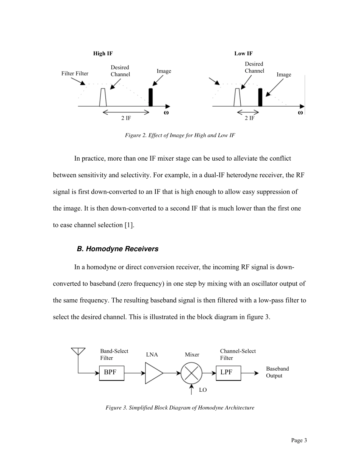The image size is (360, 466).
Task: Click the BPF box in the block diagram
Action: (111, 373)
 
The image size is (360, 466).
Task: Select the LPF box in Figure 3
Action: (228, 373)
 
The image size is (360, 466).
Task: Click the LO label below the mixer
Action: (203, 389)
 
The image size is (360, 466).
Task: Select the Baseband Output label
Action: (277, 372)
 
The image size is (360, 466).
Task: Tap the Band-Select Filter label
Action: (114, 355)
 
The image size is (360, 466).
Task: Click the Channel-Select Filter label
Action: (238, 355)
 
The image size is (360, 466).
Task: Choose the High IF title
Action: (103, 53)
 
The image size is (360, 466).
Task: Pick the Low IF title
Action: (243, 53)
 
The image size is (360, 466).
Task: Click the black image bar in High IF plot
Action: (150, 97)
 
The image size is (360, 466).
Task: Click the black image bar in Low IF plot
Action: (260, 97)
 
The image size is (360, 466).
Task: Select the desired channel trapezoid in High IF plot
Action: (103, 98)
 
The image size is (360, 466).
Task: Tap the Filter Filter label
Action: (75, 73)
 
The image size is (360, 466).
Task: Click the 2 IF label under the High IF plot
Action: (126, 118)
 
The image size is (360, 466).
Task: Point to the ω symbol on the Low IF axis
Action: (300, 113)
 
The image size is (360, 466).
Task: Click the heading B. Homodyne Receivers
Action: (117, 249)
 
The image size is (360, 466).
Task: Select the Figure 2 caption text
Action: (180, 135)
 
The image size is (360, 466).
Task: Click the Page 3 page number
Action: (299, 440)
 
